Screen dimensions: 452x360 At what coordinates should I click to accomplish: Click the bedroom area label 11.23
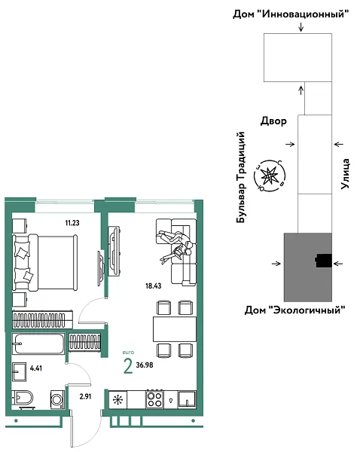point(73,222)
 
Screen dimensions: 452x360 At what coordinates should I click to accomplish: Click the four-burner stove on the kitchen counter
point(154,399)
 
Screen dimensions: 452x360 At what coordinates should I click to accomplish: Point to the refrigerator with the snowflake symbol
point(117,399)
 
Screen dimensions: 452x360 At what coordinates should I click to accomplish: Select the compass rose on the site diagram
point(270,175)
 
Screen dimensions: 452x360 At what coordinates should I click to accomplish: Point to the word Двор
point(273,121)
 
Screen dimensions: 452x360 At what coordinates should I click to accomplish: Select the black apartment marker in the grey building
point(324,261)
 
